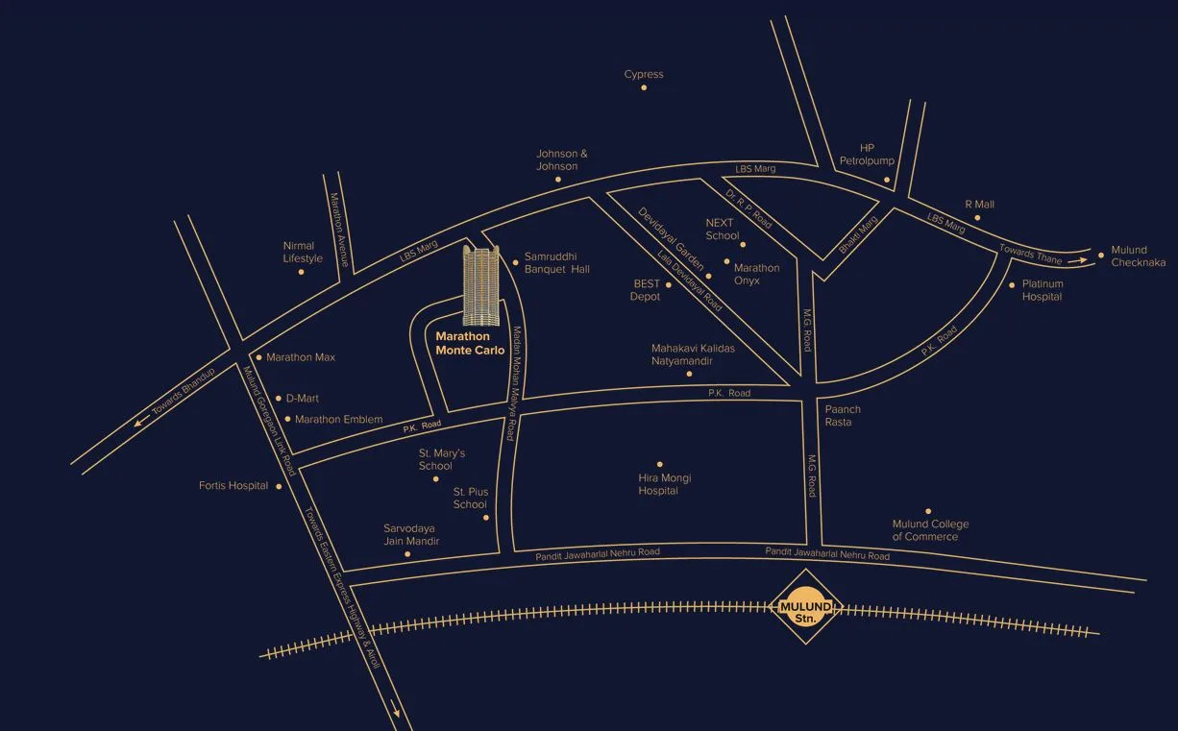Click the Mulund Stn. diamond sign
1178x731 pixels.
click(x=805, y=608)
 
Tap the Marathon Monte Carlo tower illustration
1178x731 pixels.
click(x=481, y=286)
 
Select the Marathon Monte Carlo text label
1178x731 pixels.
click(x=470, y=343)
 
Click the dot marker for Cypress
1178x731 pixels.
click(x=644, y=88)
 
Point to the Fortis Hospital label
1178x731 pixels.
click(x=233, y=486)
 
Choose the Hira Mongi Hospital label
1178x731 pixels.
click(x=665, y=484)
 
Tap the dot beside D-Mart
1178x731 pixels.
click(x=279, y=398)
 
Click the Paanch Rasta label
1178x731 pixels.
click(x=843, y=416)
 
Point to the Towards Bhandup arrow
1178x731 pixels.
click(x=143, y=420)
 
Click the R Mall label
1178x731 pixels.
click(x=979, y=205)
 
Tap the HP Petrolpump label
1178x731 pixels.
click(x=867, y=155)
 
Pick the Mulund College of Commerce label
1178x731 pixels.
click(x=930, y=530)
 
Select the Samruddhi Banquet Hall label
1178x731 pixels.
click(x=557, y=263)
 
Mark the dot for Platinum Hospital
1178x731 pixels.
click(x=1012, y=284)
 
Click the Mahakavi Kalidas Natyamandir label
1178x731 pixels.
click(x=693, y=354)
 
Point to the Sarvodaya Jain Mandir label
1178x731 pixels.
click(x=411, y=535)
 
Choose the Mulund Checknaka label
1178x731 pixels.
click(x=1138, y=256)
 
